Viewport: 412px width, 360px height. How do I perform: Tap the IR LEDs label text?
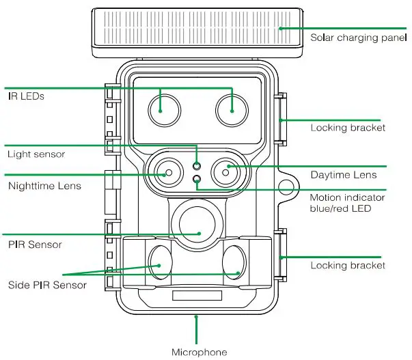tap(26, 96)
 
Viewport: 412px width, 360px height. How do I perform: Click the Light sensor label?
tap(36, 154)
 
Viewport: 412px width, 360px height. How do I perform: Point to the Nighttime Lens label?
tap(44, 185)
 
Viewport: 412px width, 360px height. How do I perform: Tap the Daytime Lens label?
tap(344, 175)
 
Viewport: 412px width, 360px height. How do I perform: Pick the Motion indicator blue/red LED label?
tap(347, 203)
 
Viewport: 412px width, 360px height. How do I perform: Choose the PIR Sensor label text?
tap(35, 244)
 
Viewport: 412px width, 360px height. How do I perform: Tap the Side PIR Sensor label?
tap(47, 284)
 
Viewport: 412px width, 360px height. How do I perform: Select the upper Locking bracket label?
tap(348, 127)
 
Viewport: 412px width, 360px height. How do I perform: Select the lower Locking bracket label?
tap(348, 265)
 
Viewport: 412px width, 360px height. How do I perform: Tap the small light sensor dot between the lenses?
tap(197, 165)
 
